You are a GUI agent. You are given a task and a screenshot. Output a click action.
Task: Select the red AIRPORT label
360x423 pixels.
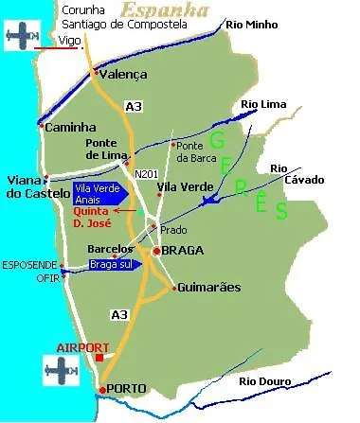83,347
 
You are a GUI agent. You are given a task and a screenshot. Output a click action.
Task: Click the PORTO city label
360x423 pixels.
128,389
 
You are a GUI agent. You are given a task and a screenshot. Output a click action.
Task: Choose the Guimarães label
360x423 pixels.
208,288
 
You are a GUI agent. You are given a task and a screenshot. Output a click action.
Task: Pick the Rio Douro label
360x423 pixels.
261,381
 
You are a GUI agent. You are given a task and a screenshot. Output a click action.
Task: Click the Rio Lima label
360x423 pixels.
263,104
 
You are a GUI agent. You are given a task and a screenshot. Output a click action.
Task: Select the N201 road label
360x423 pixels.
147,174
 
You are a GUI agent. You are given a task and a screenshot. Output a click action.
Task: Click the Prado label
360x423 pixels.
173,230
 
